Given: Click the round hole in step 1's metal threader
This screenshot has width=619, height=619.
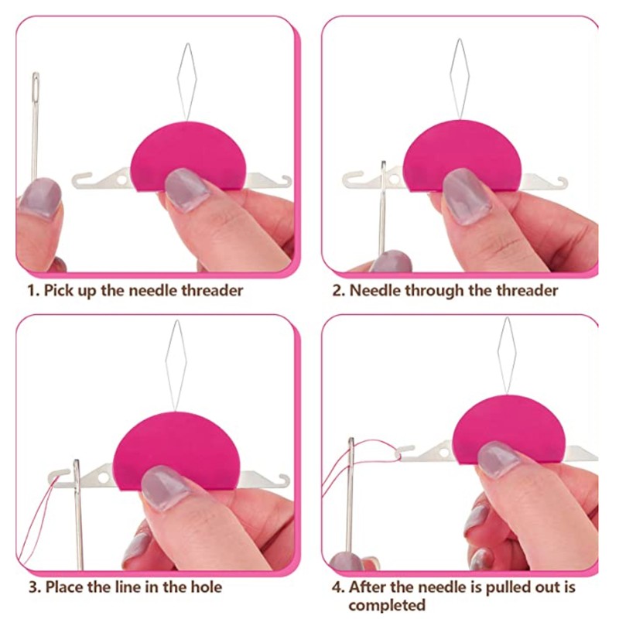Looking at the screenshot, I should pyautogui.click(x=121, y=180).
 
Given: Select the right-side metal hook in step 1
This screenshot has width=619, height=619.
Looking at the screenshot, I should pyautogui.click(x=279, y=182).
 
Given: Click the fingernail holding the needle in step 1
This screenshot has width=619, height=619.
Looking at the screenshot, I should pyautogui.click(x=40, y=197).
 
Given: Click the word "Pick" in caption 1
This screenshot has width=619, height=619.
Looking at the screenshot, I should pyautogui.click(x=59, y=291).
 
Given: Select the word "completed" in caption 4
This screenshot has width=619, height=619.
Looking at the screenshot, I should pyautogui.click(x=387, y=604).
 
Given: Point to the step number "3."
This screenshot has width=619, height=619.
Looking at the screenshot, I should pyautogui.click(x=35, y=587).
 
